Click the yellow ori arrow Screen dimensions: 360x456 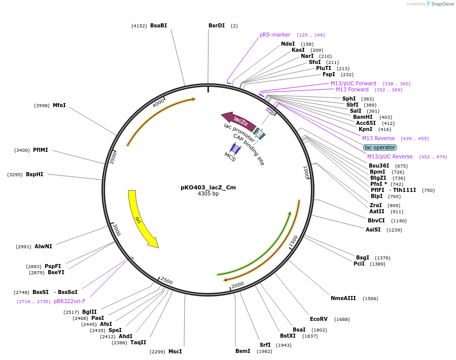[x=139, y=218]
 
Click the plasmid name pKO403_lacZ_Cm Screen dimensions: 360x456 [x=208, y=187]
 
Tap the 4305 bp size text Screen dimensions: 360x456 [x=208, y=194]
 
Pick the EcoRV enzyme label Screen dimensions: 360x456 [x=319, y=319]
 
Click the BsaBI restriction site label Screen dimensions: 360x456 [x=158, y=25]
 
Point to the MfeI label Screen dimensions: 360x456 [x=59, y=105]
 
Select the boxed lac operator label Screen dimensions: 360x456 [x=380, y=147]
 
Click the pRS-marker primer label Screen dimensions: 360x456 [x=275, y=35]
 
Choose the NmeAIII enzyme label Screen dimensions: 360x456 [x=343, y=298]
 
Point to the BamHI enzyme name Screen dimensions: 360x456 [x=363, y=117]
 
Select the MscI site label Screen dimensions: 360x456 [x=175, y=351]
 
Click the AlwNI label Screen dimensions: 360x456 [x=43, y=246]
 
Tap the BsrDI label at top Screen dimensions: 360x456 [x=217, y=25]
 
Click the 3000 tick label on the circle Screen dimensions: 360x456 [x=116, y=230]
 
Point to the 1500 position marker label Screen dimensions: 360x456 [x=293, y=242]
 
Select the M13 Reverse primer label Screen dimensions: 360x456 [x=378, y=138]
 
